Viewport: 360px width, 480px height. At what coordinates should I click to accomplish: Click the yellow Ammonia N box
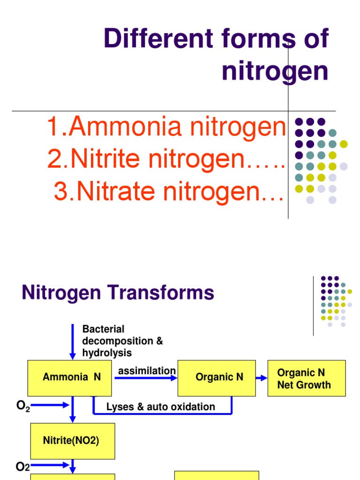(x=69, y=377)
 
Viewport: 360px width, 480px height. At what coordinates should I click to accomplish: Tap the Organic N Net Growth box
(x=306, y=378)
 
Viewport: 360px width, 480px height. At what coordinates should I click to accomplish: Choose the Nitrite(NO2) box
(x=72, y=441)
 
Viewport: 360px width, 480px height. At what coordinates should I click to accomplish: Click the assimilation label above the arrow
(x=147, y=371)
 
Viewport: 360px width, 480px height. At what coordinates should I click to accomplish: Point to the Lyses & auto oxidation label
(x=161, y=407)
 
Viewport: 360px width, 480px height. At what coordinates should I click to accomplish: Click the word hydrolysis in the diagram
(x=107, y=352)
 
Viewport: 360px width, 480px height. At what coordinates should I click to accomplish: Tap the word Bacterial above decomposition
(x=103, y=329)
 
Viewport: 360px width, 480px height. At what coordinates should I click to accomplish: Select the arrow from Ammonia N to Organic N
(x=145, y=378)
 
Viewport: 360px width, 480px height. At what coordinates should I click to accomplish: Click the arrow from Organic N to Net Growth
(x=262, y=378)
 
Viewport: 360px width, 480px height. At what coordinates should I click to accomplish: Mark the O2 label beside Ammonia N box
(x=23, y=406)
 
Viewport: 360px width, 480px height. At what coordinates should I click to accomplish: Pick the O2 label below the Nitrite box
(x=23, y=466)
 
